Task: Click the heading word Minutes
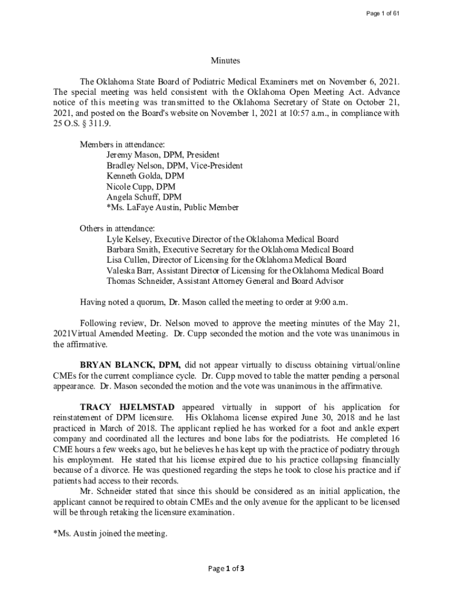pos(226,61)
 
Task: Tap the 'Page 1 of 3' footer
pos(226,568)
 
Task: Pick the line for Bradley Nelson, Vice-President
pos(174,165)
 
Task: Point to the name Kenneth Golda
pos(136,176)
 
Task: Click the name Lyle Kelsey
pos(128,239)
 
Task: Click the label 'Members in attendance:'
pos(122,145)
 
